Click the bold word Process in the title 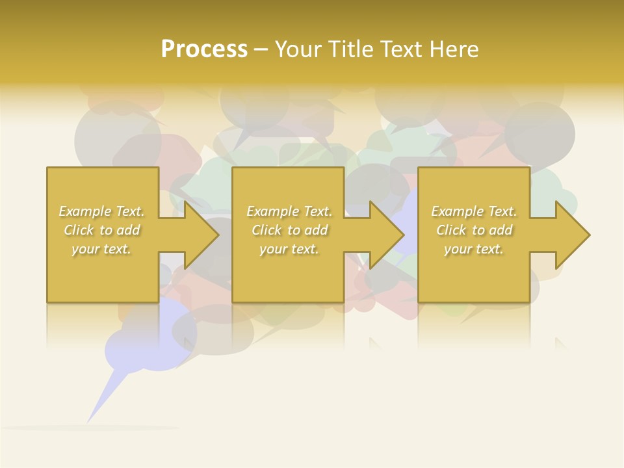coord(204,49)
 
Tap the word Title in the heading coord(352,49)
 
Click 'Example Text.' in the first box coord(101,211)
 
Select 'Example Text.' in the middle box coord(289,211)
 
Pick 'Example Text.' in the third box coord(474,211)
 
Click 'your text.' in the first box coord(101,249)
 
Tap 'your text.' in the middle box coord(289,249)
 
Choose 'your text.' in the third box coord(474,249)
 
